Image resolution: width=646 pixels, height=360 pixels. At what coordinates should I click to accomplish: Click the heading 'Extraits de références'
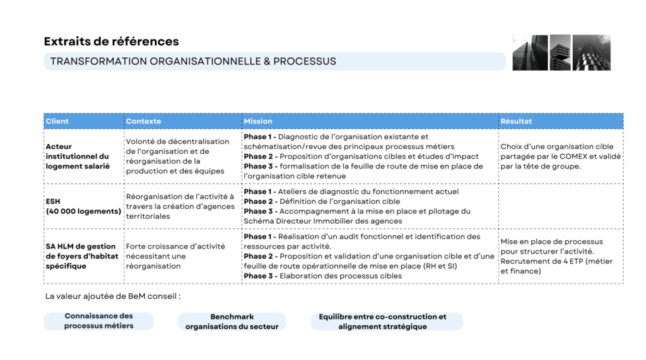click(112, 42)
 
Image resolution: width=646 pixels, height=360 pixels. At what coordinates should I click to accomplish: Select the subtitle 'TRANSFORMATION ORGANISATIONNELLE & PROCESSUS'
click(193, 61)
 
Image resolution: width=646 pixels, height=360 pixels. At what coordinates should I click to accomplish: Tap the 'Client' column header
click(57, 121)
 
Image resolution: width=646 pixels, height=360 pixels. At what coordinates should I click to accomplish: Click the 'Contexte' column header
click(143, 121)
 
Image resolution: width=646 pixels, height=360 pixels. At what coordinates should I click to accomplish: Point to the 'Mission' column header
click(258, 121)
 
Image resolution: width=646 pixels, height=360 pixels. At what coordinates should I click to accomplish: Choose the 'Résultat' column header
click(516, 121)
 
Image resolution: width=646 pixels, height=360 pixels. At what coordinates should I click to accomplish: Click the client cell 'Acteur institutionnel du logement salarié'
click(78, 156)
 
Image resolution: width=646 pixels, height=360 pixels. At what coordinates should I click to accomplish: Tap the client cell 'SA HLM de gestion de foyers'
click(81, 256)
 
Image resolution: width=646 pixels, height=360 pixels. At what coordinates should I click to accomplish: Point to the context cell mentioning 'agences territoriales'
click(180, 206)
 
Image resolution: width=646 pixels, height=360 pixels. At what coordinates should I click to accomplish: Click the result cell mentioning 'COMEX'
click(560, 156)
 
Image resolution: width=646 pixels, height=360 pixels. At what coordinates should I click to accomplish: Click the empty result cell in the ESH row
click(560, 206)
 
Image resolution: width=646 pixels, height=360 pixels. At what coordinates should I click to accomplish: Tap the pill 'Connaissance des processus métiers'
click(98, 321)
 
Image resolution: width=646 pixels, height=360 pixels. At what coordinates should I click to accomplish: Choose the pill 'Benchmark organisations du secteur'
click(232, 322)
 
